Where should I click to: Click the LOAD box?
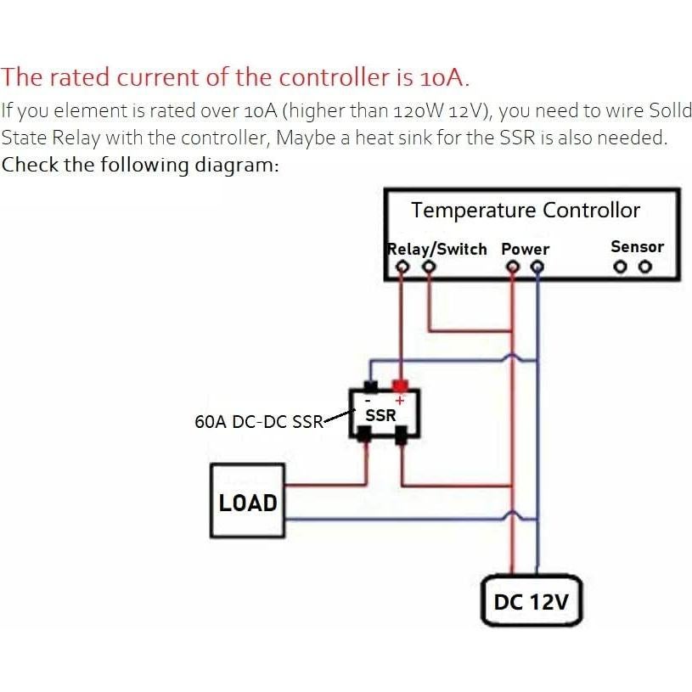click(248, 501)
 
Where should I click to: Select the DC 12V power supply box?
click(531, 602)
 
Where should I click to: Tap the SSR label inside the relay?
click(380, 416)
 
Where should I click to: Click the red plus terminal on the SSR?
click(400, 386)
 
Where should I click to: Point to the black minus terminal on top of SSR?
click(370, 386)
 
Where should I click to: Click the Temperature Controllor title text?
click(526, 211)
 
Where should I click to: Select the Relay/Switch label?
click(437, 249)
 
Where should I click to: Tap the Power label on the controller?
click(525, 250)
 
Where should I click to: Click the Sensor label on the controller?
click(637, 247)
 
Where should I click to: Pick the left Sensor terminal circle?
click(622, 267)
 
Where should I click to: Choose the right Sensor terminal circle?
click(645, 267)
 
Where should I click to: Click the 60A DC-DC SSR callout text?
click(259, 421)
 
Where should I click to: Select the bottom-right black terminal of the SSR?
click(402, 434)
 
